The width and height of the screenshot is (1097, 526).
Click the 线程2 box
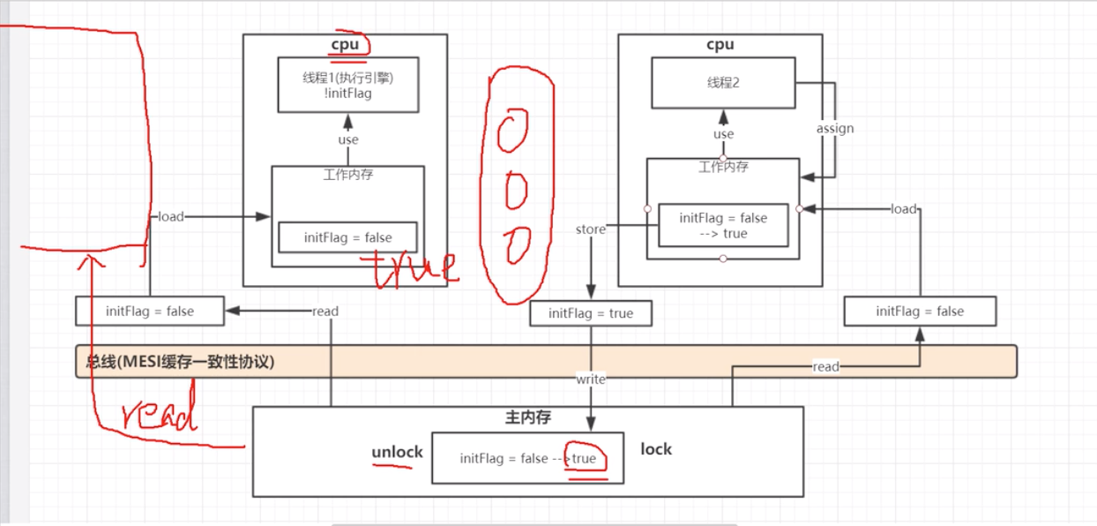(723, 84)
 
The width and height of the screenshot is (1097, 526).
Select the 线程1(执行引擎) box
(347, 85)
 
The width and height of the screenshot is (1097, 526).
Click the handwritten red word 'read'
(159, 416)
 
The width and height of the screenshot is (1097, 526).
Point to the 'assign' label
(834, 129)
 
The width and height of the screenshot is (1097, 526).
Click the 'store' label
(590, 229)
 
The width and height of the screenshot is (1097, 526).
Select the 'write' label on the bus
(590, 379)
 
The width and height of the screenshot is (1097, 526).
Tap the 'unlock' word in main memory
(397, 452)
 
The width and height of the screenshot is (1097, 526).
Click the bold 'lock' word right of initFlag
(656, 449)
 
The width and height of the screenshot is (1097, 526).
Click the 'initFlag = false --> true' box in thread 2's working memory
(722, 226)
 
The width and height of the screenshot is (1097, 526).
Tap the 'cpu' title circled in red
(346, 45)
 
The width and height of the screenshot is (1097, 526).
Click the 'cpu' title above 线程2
(720, 45)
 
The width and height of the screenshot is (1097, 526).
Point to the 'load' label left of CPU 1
(170, 216)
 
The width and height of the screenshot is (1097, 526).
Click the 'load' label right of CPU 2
(904, 209)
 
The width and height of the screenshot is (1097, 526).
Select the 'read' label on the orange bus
(825, 366)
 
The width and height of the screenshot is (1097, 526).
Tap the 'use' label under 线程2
(723, 134)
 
